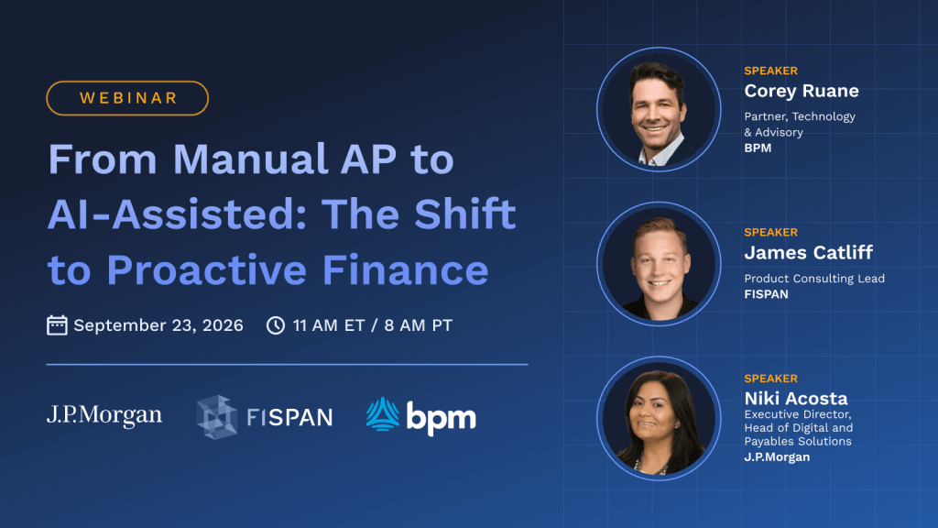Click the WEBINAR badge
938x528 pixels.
point(127,98)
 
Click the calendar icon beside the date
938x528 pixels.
point(57,325)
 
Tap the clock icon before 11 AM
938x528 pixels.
point(275,325)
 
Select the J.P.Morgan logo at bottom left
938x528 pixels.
point(104,415)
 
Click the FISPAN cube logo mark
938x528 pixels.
point(216,417)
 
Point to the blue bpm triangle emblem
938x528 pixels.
point(383,414)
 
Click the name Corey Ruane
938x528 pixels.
point(801,91)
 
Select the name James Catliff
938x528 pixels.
point(808,253)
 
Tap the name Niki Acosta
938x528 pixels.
point(796,398)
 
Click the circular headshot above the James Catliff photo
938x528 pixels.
point(659,110)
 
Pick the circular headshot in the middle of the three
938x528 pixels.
point(659,264)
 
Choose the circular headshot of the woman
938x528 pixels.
point(659,418)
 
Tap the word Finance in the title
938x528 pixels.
point(406,270)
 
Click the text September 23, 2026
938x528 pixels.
point(158,325)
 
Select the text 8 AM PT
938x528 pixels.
point(418,325)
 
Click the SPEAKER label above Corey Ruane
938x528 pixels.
point(770,71)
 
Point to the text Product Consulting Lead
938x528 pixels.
point(814,279)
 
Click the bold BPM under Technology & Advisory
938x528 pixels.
point(758,148)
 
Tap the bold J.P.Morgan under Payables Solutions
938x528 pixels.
point(777,456)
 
